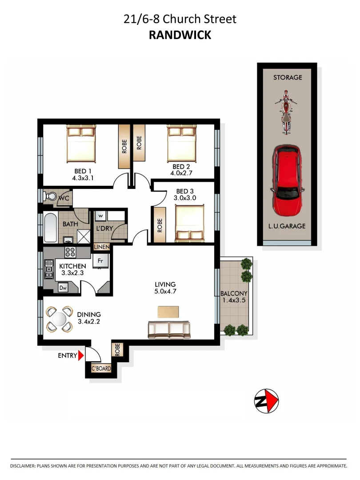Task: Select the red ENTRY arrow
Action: tap(80, 356)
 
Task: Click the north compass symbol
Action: tap(266, 401)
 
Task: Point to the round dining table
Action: tap(59, 319)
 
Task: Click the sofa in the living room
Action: tap(169, 329)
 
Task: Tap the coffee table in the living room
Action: tap(169, 311)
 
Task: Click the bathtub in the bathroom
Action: tap(50, 227)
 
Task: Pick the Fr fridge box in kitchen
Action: tap(101, 261)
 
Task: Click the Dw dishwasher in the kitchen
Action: tap(63, 288)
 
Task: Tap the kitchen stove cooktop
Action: tap(71, 252)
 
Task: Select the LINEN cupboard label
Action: tap(102, 247)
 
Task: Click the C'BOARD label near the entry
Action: tap(101, 368)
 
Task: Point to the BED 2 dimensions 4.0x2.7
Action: tap(181, 173)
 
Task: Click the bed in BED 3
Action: tap(190, 222)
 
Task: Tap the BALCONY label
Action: tap(234, 294)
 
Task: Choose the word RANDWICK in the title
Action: tap(180, 36)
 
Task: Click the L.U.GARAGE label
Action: tap(287, 226)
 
